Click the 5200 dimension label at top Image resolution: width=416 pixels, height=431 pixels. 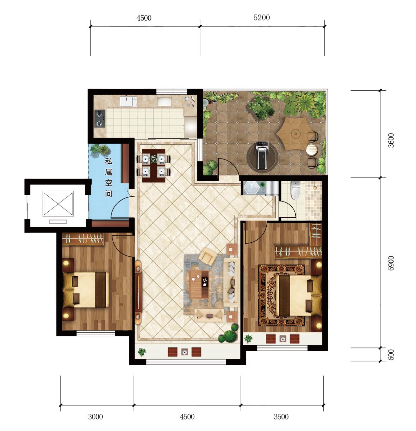tap(262, 18)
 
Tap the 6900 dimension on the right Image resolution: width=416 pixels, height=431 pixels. tap(391, 263)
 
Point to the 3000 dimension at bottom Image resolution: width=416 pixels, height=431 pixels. tap(95, 417)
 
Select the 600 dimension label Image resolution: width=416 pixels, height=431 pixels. tap(391, 355)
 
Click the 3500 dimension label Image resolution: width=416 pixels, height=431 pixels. tap(281, 417)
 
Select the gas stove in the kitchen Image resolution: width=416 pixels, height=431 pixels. tap(100, 119)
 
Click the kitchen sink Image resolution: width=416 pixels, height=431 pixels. tap(128, 101)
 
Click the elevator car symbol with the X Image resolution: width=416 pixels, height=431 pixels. tap(58, 204)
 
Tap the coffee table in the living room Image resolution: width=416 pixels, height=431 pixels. tap(199, 284)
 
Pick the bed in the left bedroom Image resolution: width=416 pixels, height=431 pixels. tap(87, 289)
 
